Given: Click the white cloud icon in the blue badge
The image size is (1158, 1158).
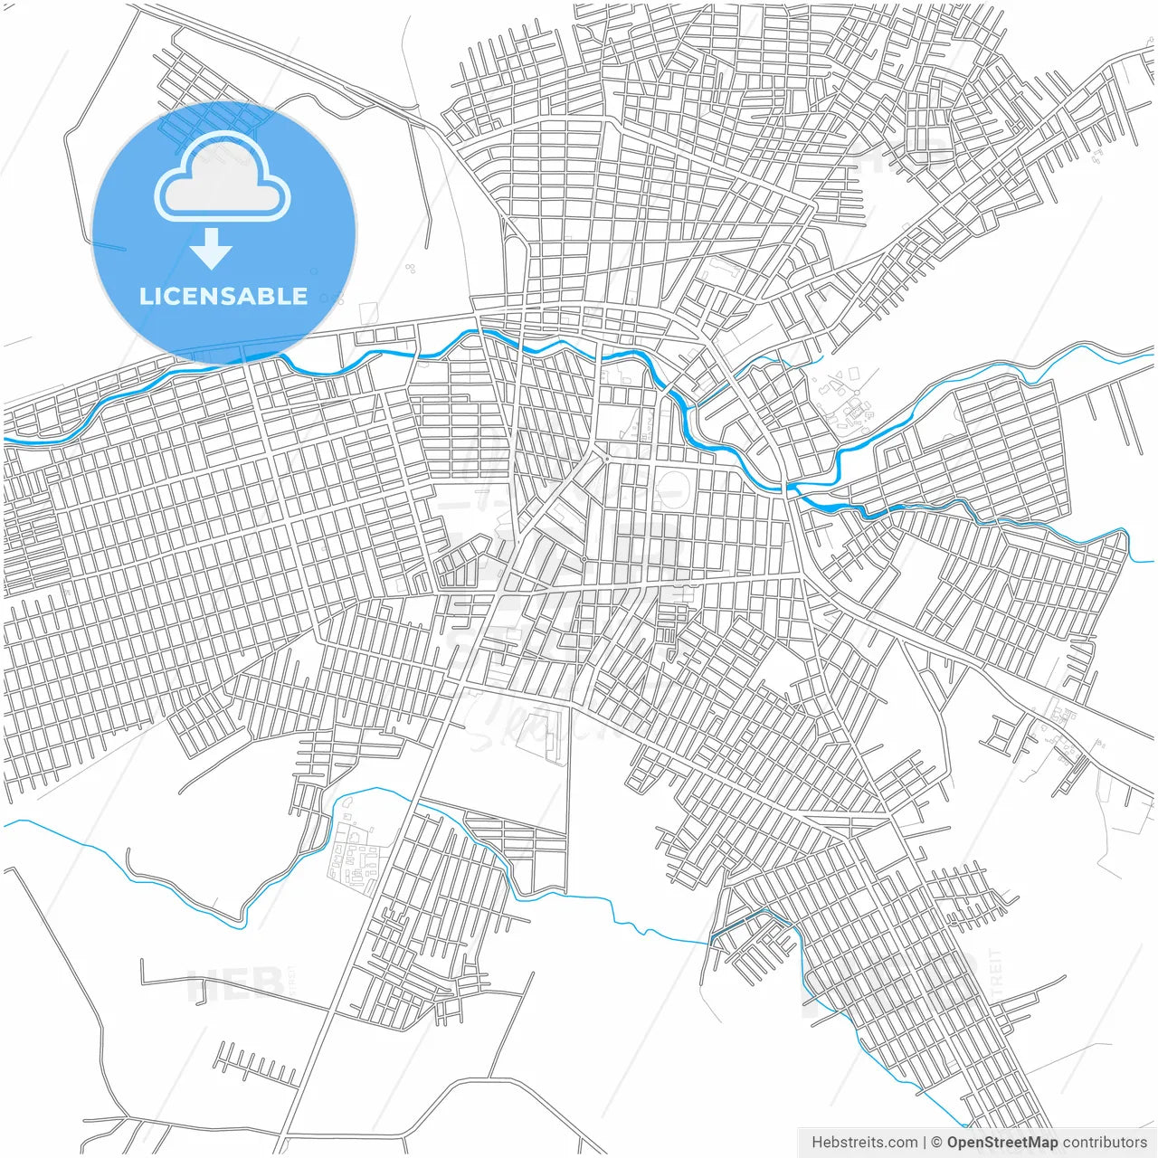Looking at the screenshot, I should coord(223,178).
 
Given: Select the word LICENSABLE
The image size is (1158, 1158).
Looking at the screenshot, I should coord(223,297).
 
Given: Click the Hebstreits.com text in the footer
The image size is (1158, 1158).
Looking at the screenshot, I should coord(864,1143).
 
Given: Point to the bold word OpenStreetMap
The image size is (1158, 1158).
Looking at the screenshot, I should coord(1001,1143).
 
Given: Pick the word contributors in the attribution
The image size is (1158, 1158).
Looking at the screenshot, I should coord(1105,1143).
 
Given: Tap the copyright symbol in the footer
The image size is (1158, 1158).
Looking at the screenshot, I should coord(936,1143).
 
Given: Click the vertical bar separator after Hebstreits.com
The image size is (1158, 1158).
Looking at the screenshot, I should coord(924,1143).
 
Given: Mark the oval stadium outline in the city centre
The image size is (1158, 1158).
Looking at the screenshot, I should coord(673,489).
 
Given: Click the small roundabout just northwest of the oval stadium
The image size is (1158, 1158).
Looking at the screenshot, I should coord(606,459).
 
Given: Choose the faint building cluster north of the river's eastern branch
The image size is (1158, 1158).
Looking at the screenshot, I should coord(846,398).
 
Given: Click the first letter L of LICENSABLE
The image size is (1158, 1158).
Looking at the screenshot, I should coord(146,297).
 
